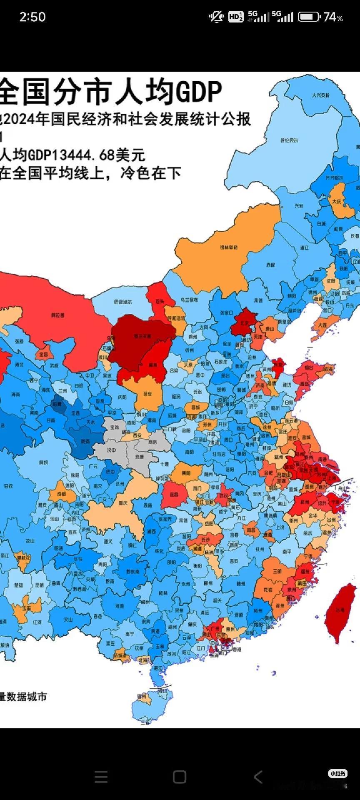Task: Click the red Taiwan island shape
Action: (340, 610)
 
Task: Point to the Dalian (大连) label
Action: (322, 325)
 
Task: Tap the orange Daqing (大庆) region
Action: (337, 201)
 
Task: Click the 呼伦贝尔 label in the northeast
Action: (289, 140)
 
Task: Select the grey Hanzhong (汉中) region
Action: (111, 450)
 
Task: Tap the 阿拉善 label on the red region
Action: (57, 315)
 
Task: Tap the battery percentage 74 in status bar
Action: (329, 17)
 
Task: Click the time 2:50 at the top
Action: (32, 17)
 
